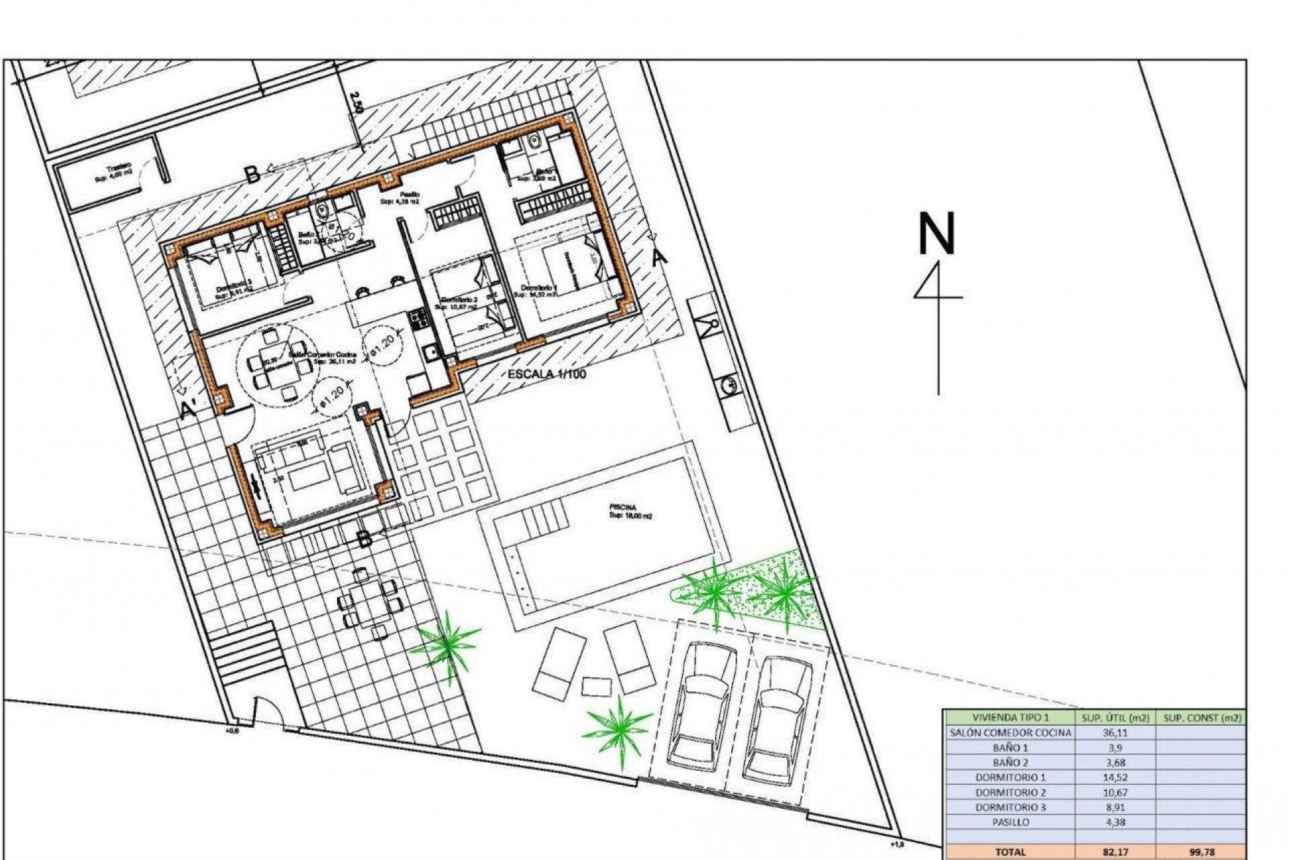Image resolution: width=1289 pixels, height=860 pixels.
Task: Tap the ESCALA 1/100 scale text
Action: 546,374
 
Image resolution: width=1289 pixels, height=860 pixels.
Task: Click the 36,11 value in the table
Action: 1115,732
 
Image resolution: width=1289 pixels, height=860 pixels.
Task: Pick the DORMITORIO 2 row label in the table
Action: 1010,792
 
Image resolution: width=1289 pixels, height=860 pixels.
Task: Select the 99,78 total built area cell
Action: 1202,851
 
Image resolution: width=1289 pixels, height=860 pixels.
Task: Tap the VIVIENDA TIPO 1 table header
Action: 1010,718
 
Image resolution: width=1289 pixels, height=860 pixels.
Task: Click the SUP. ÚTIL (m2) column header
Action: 1115,718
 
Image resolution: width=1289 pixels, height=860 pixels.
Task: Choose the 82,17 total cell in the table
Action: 1115,851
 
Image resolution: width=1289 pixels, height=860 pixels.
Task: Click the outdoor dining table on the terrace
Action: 369,600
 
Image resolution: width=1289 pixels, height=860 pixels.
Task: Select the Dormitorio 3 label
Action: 234,288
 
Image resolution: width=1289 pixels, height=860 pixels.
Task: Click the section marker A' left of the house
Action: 189,408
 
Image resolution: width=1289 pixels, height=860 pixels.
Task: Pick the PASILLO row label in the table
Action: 1010,822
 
